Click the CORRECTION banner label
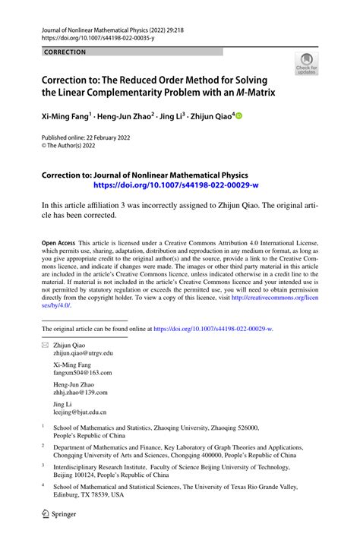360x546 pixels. click(65, 52)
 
